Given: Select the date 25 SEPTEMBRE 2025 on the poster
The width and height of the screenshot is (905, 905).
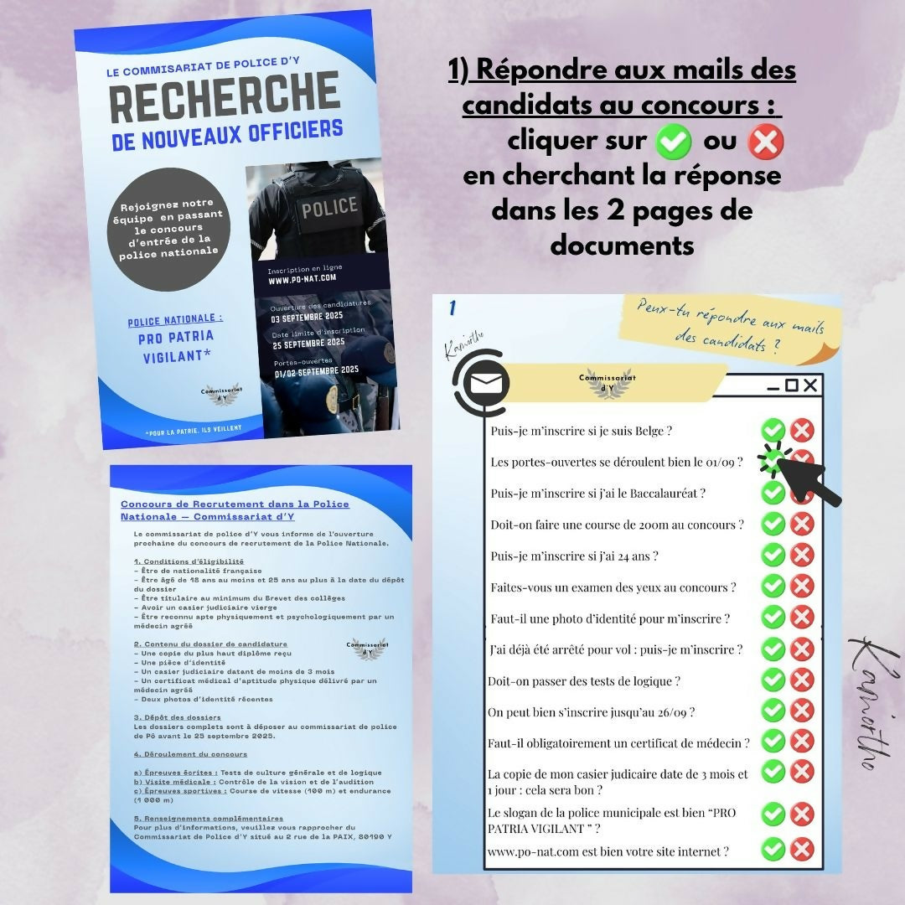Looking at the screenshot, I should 308,342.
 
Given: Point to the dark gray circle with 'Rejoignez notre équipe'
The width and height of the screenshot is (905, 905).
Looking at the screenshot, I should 168,227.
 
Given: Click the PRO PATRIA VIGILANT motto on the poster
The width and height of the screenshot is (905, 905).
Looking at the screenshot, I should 176,347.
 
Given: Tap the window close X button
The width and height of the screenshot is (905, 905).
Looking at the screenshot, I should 809,385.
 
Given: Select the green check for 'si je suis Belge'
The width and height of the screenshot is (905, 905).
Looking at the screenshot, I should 773,431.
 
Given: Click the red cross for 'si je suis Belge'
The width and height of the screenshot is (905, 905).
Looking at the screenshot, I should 802,431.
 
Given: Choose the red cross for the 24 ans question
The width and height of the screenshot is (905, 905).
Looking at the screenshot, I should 802,555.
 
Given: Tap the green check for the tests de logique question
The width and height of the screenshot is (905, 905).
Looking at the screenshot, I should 773,680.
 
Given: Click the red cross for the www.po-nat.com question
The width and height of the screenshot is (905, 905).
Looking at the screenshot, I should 802,849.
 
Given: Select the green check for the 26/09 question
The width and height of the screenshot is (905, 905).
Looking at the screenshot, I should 773,711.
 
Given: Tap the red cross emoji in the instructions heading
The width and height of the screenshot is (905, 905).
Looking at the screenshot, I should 765,142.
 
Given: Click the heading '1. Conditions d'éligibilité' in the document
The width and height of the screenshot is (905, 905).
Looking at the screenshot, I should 189,561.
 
